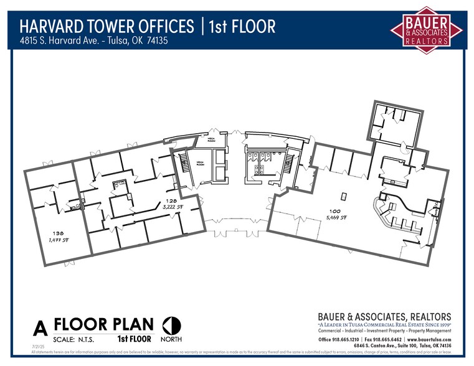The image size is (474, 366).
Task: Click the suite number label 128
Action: (x=171, y=201)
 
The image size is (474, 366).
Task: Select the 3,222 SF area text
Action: (x=171, y=207)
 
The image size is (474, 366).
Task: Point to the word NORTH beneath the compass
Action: (x=171, y=339)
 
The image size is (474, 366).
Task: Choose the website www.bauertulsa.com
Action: (x=429, y=339)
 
